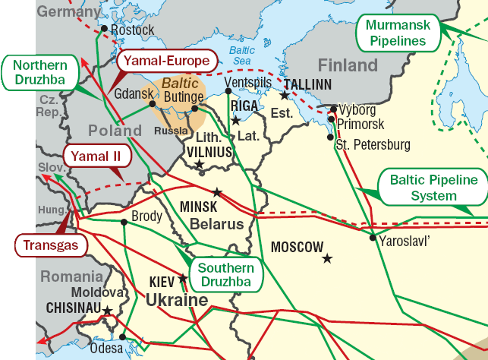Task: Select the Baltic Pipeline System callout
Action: [433, 188]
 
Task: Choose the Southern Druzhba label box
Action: [225, 275]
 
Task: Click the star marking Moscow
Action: [327, 258]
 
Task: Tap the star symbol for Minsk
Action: [218, 192]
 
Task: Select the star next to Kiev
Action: [182, 277]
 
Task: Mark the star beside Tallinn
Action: [284, 96]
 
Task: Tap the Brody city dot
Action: [124, 222]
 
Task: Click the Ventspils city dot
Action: [228, 91]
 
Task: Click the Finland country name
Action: [347, 65]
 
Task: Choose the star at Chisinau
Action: [107, 310]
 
